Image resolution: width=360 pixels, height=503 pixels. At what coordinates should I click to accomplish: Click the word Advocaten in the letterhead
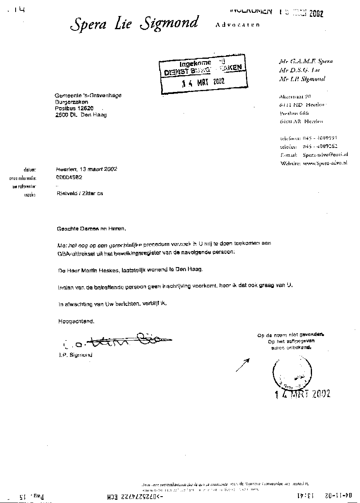(237, 25)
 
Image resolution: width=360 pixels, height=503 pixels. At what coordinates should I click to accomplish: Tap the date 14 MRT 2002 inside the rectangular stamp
(203, 82)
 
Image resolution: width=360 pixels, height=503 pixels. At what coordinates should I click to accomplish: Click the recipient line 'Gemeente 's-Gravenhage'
(88, 95)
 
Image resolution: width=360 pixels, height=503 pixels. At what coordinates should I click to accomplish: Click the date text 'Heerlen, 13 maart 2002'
(87, 169)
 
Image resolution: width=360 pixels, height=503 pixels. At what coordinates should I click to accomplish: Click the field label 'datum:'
(30, 170)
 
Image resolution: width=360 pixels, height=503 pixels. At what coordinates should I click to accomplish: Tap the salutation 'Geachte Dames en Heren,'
(92, 229)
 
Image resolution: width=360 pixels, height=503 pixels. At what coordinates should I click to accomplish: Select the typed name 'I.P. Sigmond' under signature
(75, 355)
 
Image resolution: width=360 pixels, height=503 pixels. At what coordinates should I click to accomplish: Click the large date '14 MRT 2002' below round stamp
(302, 394)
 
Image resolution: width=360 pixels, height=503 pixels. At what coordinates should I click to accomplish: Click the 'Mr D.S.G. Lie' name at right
(299, 70)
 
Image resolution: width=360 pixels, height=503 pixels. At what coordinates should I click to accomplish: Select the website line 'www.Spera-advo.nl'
(325, 163)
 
